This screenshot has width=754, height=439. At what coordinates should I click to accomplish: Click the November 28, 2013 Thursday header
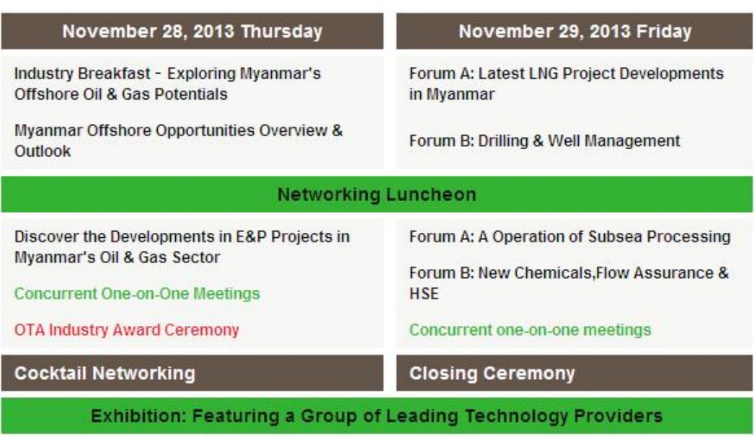point(192,31)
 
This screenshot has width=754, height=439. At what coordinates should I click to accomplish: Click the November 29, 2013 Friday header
point(575,31)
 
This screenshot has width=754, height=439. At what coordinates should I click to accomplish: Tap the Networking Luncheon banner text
point(376,195)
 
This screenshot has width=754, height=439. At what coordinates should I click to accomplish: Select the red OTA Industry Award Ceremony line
point(126,330)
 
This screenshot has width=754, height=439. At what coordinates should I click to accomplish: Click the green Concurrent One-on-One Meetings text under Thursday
point(137,293)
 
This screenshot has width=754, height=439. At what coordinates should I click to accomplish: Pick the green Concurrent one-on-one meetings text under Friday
point(530,330)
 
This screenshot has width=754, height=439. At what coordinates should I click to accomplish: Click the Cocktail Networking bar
point(192,373)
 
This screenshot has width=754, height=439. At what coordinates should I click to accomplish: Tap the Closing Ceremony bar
point(575,373)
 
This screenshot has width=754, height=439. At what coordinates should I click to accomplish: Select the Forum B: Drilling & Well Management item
point(544,141)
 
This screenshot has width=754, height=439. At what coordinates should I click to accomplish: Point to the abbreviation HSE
point(424,293)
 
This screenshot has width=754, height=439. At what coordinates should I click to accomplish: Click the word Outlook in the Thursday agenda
point(43,151)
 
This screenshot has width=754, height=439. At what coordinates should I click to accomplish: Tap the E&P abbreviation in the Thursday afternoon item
point(251,236)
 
